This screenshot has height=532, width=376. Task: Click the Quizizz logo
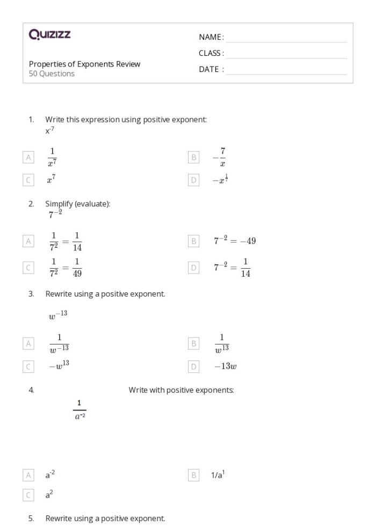pyautogui.click(x=49, y=35)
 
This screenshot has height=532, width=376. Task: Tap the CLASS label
pyautogui.click(x=211, y=53)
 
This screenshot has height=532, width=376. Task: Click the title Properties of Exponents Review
pyautogui.click(x=84, y=64)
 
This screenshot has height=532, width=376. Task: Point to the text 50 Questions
pyautogui.click(x=52, y=74)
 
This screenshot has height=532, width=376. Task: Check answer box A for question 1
pyautogui.click(x=28, y=157)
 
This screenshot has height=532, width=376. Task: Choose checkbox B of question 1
pyautogui.click(x=194, y=157)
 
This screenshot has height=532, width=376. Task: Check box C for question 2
pyautogui.click(x=28, y=267)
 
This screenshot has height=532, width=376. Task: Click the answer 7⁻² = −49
pyautogui.click(x=234, y=241)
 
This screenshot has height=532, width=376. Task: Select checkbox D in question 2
pyautogui.click(x=194, y=267)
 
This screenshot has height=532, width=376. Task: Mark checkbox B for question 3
pyautogui.click(x=194, y=343)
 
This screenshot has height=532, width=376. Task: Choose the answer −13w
pyautogui.click(x=225, y=366)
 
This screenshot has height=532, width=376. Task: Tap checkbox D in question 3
pyautogui.click(x=194, y=366)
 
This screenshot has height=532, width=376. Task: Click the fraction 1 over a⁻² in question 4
pyautogui.click(x=79, y=409)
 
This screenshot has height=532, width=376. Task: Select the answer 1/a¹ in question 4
pyautogui.click(x=218, y=475)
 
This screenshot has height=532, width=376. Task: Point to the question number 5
pyautogui.click(x=31, y=519)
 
